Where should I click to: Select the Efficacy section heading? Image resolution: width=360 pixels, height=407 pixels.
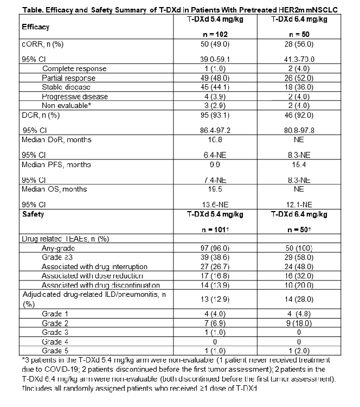point(35,27)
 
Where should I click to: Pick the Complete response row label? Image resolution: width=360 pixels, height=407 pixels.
point(74,69)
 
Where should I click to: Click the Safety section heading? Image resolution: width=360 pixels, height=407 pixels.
point(33,215)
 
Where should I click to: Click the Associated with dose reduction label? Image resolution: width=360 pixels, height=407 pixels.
point(92,276)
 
